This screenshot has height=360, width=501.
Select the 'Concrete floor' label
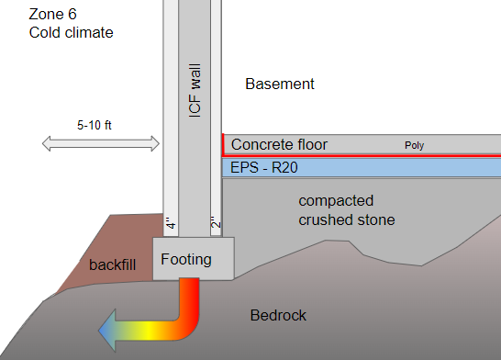click(x=279, y=144)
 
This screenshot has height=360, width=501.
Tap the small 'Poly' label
click(x=416, y=145)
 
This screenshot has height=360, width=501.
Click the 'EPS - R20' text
click(x=265, y=168)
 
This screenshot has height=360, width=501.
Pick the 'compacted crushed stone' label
click(x=347, y=210)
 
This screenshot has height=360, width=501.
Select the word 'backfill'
click(x=112, y=265)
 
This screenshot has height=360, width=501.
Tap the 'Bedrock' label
click(x=278, y=316)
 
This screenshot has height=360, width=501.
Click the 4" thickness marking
click(x=170, y=224)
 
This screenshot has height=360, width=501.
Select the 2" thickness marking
click(x=217, y=224)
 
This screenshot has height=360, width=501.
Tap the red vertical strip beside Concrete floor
click(x=223, y=144)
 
